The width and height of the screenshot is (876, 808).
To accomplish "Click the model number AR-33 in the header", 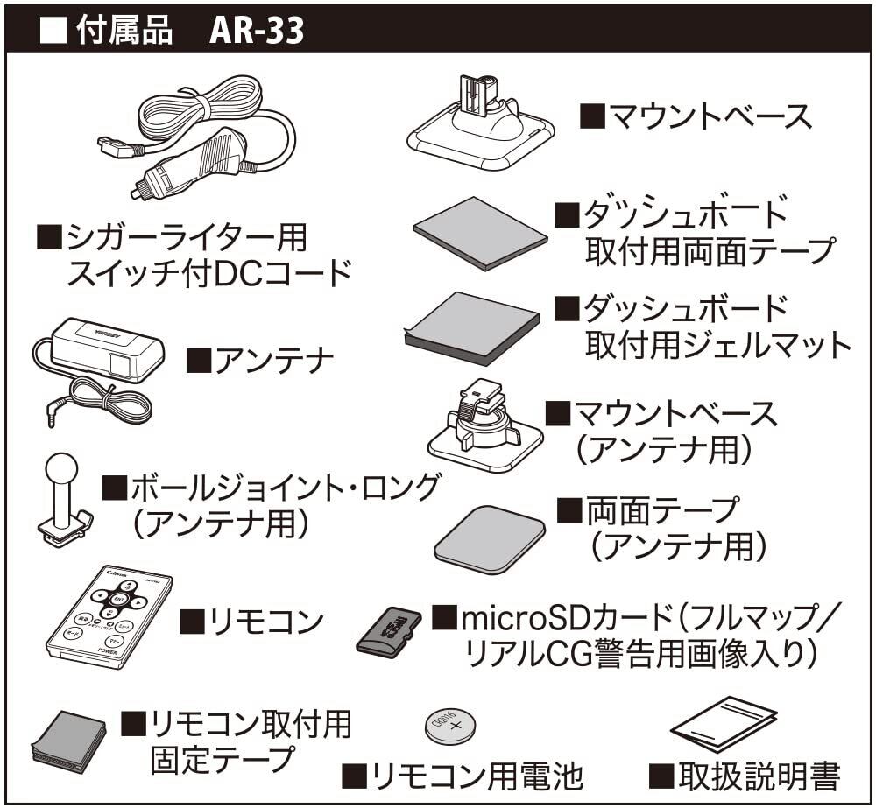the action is [256, 31].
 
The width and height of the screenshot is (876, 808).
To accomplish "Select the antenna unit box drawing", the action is [109, 348].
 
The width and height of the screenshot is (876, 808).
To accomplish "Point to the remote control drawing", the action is [109, 616].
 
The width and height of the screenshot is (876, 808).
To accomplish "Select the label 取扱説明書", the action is [754, 774].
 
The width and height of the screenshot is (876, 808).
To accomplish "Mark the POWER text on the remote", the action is [109, 652].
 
